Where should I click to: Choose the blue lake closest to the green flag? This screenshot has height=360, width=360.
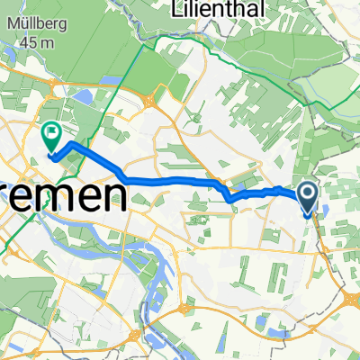tap(82, 96)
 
